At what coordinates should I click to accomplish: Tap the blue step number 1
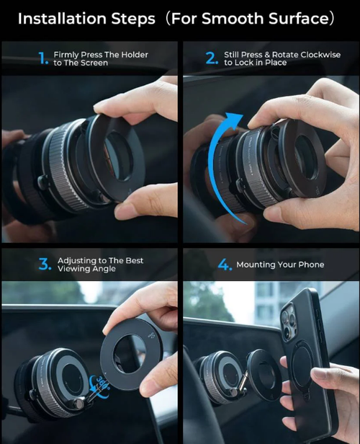coord(43,58)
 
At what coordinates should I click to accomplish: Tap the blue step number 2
coord(212,58)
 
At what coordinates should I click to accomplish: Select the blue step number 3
coord(45,265)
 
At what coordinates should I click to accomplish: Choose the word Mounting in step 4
coord(258,265)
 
